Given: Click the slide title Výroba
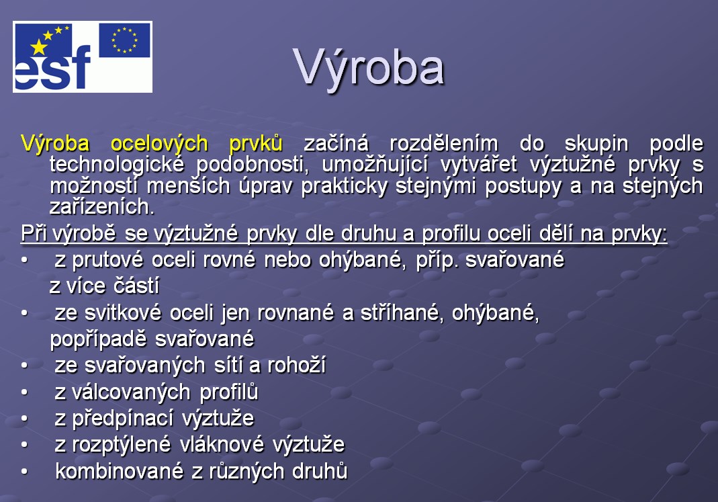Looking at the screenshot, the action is pyautogui.click(x=369, y=69).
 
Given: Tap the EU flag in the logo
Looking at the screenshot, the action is pyautogui.click(x=124, y=40).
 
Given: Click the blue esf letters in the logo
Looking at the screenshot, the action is pyautogui.click(x=52, y=68).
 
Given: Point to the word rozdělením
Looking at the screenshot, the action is pyautogui.click(x=444, y=144).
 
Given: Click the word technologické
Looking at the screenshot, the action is pyautogui.click(x=117, y=165).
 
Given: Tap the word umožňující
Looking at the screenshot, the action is pyautogui.click(x=375, y=165).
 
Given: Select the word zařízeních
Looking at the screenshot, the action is pyautogui.click(x=101, y=207).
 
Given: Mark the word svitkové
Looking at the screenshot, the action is pyautogui.click(x=123, y=313).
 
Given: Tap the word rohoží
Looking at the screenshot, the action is pyautogui.click(x=296, y=366).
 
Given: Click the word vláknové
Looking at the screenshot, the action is pyautogui.click(x=222, y=445).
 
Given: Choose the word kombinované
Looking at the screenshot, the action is pyautogui.click(x=119, y=471).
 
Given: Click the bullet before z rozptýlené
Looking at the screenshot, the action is pyautogui.click(x=24, y=445).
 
